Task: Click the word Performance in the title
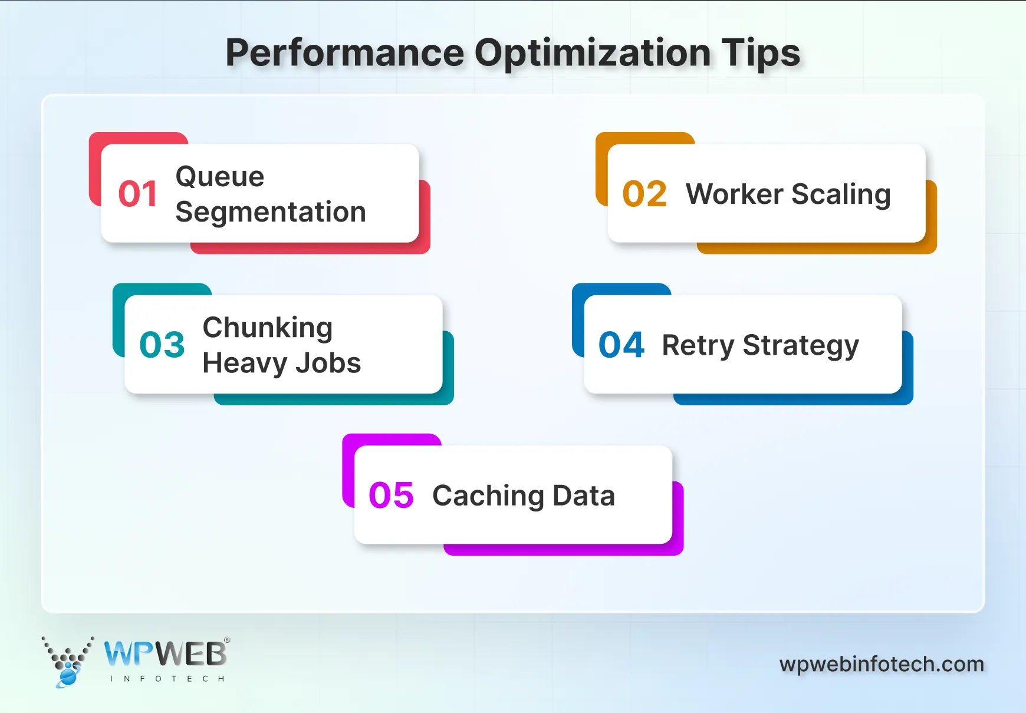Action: point(345,53)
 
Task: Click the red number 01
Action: point(138,194)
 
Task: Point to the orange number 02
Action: point(644,194)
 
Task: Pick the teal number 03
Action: point(162,345)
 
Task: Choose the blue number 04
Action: point(621,345)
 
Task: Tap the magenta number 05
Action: point(392,496)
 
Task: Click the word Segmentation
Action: point(271,212)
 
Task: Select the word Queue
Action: point(220,177)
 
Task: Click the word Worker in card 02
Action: point(734,194)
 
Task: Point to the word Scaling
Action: point(841,195)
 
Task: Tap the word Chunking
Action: point(268,328)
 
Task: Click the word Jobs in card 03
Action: point(328,363)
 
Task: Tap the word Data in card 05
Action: point(584,496)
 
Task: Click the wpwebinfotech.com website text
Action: point(882,664)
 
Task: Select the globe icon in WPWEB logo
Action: point(68,676)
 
